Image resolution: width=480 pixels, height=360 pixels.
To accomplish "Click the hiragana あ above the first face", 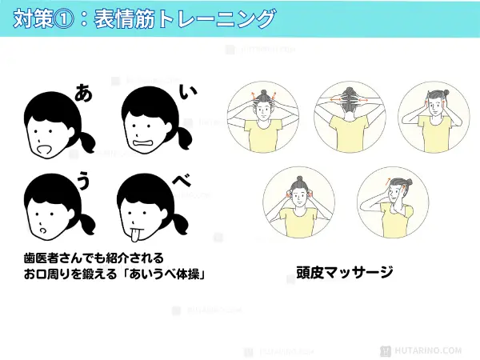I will (82, 93).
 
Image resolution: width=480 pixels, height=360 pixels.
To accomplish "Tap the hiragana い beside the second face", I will (189, 94).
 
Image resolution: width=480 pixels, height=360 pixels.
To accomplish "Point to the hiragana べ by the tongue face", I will (183, 181).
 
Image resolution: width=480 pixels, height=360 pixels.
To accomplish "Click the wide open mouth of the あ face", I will (46, 149).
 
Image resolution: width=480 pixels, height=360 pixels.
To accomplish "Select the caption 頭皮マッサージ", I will (339, 273).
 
